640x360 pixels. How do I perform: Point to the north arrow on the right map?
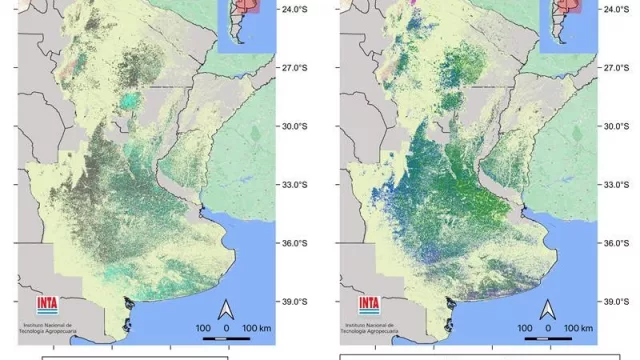point(548,307)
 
